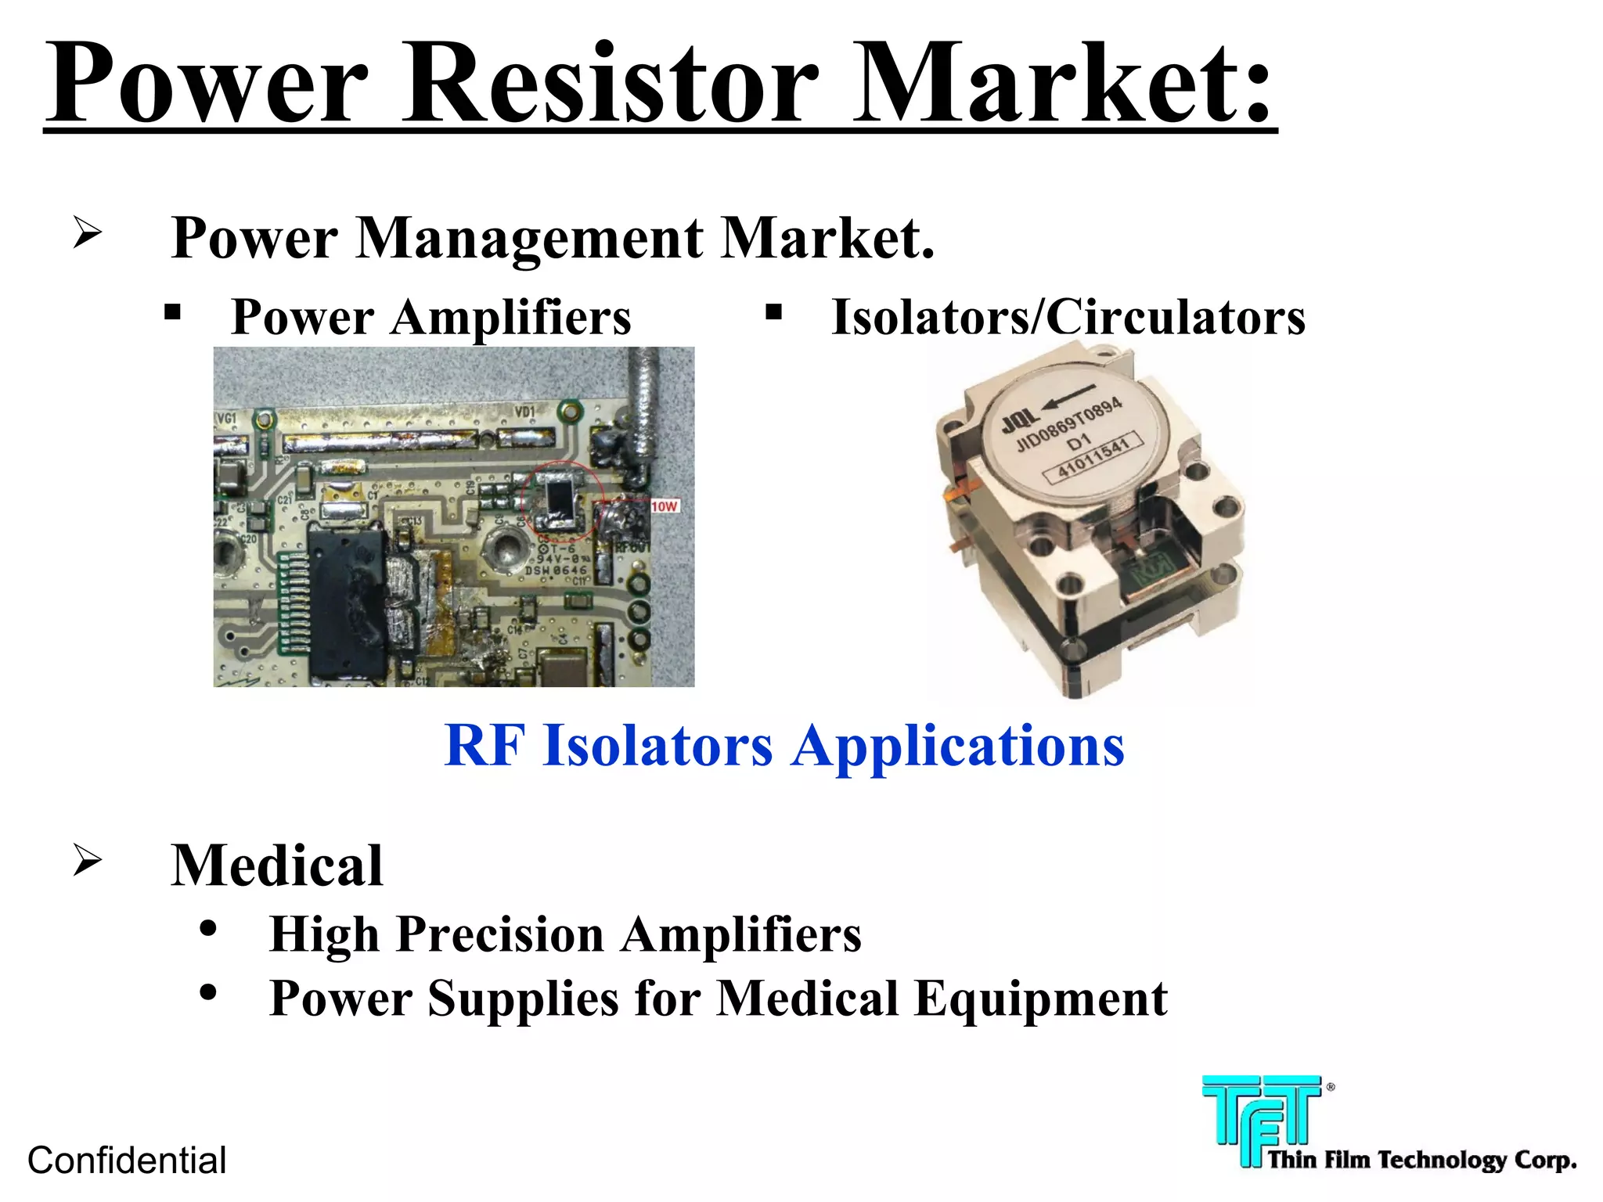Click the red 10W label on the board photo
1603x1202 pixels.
click(x=664, y=507)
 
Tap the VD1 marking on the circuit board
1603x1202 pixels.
click(x=524, y=412)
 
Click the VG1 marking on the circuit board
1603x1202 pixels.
click(x=226, y=419)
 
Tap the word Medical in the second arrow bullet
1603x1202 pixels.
click(x=277, y=866)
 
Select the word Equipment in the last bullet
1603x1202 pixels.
click(x=1041, y=999)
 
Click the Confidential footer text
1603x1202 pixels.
click(x=127, y=1161)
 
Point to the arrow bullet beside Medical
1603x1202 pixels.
click(x=87, y=860)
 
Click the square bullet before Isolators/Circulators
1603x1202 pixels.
click(x=773, y=313)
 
